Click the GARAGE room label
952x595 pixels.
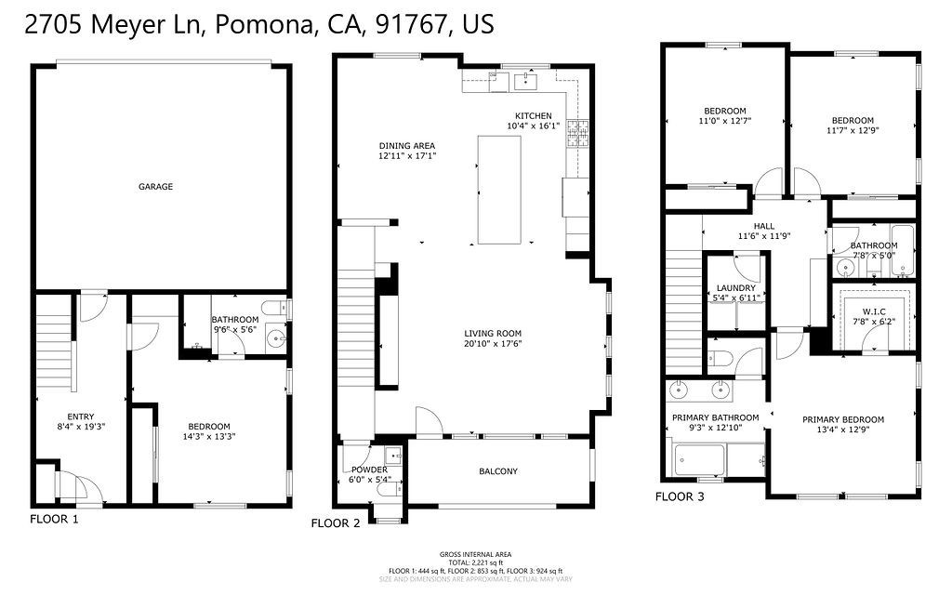[156, 187]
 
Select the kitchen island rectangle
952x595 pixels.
[499, 190]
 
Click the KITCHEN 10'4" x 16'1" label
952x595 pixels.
[534, 121]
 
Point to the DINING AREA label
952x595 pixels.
[406, 151]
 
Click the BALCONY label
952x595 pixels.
[498, 471]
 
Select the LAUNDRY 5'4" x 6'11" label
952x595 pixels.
[735, 293]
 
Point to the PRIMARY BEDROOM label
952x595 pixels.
[843, 425]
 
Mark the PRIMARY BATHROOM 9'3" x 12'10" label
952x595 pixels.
[715, 423]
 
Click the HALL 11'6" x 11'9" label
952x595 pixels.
[763, 231]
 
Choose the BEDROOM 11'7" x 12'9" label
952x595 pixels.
[853, 126]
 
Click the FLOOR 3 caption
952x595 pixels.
[679, 496]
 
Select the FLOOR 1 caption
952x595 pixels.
[54, 519]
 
